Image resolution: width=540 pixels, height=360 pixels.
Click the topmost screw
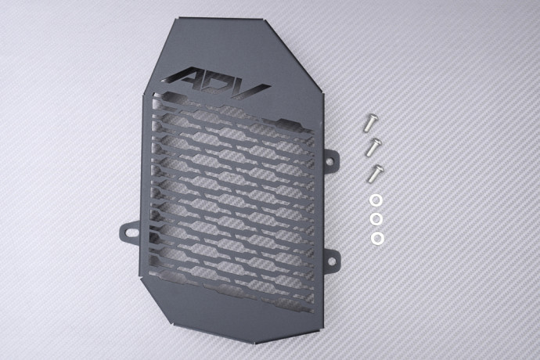point(371,123)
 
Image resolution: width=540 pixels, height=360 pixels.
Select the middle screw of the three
point(373,147)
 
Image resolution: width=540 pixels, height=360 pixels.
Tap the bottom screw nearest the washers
point(375,173)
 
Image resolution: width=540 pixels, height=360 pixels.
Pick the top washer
point(376,200)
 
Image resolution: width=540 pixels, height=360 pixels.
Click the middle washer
point(376,219)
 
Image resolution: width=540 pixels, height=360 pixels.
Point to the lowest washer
point(378,237)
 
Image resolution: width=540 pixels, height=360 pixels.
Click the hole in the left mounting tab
point(129,232)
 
